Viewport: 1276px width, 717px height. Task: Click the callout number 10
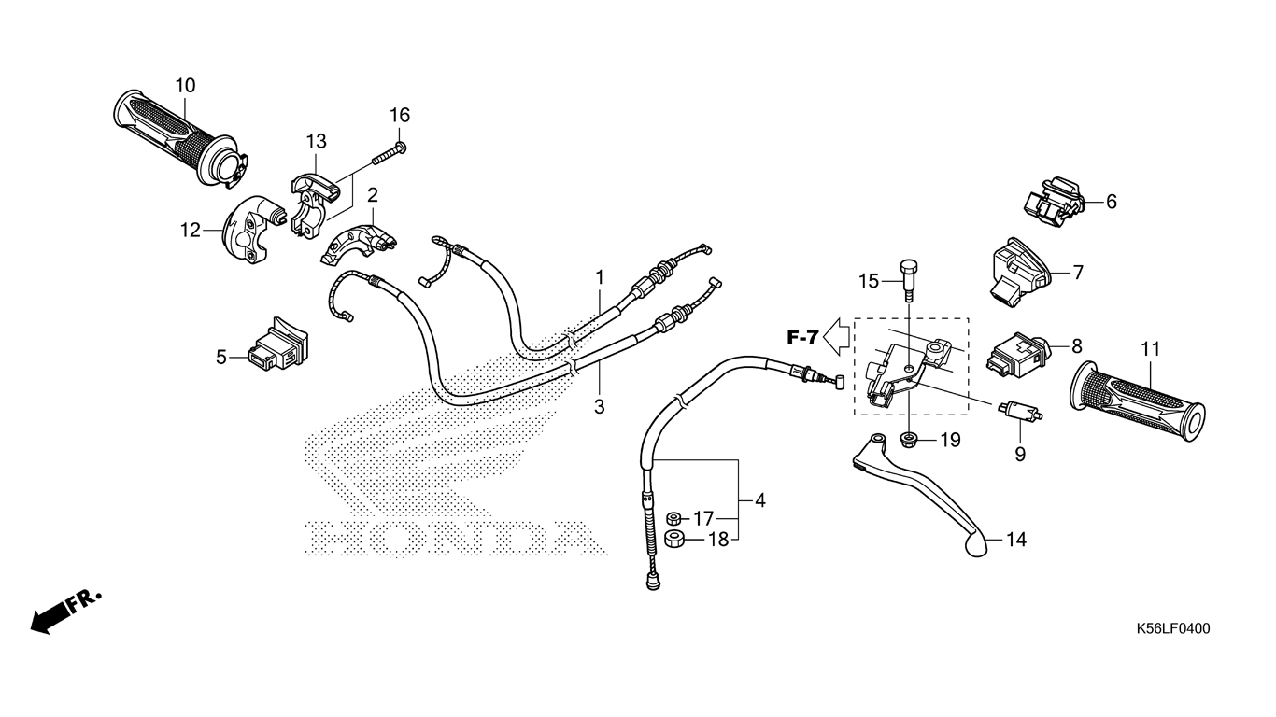(x=185, y=86)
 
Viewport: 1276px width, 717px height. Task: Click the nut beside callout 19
(x=908, y=438)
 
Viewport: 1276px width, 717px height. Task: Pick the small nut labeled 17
(x=673, y=518)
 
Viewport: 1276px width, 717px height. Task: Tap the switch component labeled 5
(x=275, y=346)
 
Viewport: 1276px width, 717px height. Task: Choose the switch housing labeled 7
(x=1021, y=269)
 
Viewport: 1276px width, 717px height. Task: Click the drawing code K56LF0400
(x=1172, y=629)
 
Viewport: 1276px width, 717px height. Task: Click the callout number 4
(x=760, y=501)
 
